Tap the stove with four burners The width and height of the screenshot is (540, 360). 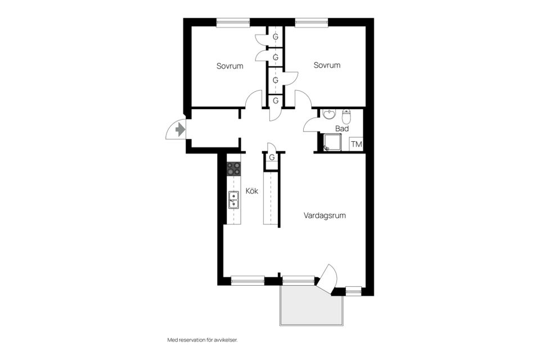[233, 168]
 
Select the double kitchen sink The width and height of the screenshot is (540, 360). [233, 200]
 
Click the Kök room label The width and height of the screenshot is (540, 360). [251, 191]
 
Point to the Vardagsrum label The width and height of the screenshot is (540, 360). [324, 215]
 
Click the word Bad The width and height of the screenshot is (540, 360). [341, 129]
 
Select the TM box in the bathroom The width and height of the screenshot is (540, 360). [356, 145]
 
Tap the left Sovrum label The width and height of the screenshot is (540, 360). [229, 66]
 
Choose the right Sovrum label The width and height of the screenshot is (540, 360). [327, 65]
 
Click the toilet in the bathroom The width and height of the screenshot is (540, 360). [346, 116]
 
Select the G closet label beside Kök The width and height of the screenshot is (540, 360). [272, 157]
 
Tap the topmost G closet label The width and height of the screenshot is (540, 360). [276, 37]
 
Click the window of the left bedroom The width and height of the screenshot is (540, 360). [233, 22]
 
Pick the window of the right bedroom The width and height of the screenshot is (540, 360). [312, 22]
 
